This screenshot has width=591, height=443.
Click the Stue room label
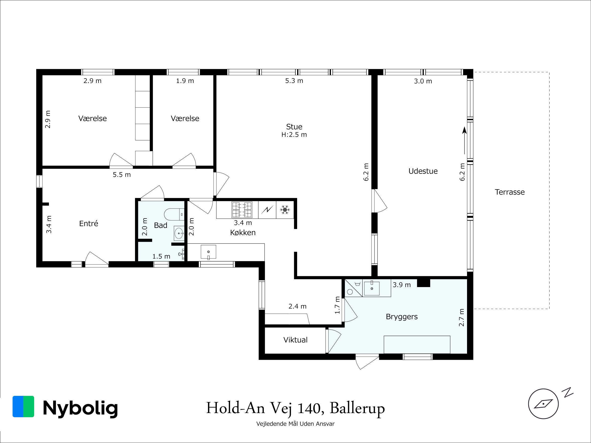point(294,127)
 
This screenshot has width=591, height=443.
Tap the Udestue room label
point(423,171)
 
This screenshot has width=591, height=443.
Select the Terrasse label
point(509,192)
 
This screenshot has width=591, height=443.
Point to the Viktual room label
point(295,340)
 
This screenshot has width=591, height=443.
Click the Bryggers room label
point(402,317)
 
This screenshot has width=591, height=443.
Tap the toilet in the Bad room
point(174,214)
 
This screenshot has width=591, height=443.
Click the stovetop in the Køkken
point(242,210)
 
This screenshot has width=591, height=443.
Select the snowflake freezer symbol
point(285,210)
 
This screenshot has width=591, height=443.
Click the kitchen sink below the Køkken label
point(208,252)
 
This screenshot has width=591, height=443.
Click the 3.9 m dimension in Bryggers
point(402,285)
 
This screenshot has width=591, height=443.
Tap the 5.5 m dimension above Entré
point(121,174)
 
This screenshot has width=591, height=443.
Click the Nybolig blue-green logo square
point(23,406)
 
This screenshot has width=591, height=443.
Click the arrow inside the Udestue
point(464,140)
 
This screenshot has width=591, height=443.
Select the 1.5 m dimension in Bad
point(161,256)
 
